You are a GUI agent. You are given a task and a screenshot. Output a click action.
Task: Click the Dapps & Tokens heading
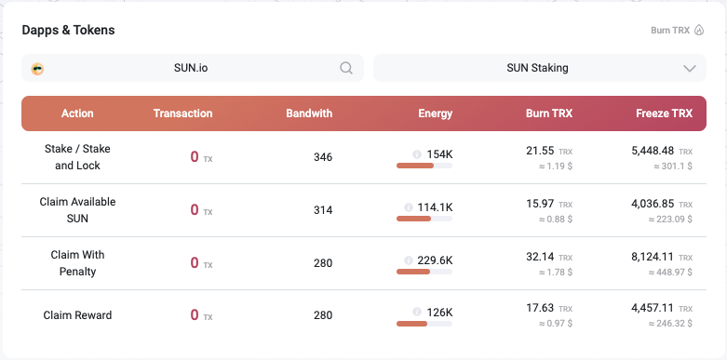point(68,30)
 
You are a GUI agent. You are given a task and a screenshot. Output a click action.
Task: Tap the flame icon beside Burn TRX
point(699,31)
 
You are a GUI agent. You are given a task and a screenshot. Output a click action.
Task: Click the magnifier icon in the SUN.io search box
point(346,68)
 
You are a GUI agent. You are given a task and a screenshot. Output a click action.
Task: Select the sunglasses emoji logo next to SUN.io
point(37,69)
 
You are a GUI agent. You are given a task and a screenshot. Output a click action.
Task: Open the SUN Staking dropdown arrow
point(690,69)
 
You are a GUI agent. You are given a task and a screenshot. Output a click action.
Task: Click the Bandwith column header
point(309,113)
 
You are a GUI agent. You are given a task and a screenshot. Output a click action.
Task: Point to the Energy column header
point(436,113)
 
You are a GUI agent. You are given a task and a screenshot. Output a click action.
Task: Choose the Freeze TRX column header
point(664,113)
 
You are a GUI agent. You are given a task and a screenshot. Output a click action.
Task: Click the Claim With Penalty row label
point(77,263)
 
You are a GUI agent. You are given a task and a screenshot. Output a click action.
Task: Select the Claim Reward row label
point(77,315)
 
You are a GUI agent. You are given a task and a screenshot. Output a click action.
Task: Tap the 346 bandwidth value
point(323,157)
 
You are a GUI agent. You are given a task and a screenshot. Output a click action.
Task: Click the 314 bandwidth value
point(323,210)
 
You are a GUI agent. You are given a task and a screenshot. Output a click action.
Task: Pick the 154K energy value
point(439,154)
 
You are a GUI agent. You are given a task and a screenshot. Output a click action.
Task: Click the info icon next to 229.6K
point(409,260)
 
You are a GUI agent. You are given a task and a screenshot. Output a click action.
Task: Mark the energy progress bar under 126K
point(424,324)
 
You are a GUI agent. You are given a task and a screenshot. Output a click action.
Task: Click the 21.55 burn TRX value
point(540,151)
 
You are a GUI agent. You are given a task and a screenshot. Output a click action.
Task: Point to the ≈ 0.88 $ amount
point(556,220)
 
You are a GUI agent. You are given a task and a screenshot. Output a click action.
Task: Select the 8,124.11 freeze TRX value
point(653,257)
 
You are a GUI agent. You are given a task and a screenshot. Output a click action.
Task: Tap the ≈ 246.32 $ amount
point(670,324)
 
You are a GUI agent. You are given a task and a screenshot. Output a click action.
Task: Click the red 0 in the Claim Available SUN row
point(195,210)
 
